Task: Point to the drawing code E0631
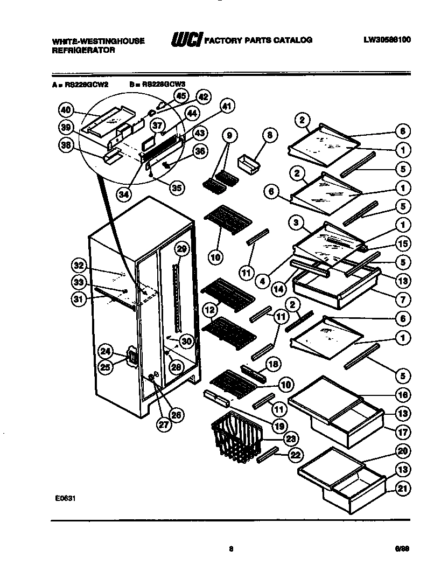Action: tap(65, 499)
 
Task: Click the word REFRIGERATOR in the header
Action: tap(83, 50)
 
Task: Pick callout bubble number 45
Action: tap(180, 96)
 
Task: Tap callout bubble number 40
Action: tap(66, 110)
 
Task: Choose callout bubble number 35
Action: tap(175, 187)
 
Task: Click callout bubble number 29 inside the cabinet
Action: tap(181, 248)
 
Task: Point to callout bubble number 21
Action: tap(402, 489)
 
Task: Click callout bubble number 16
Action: tap(402, 395)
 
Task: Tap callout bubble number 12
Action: tap(209, 310)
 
